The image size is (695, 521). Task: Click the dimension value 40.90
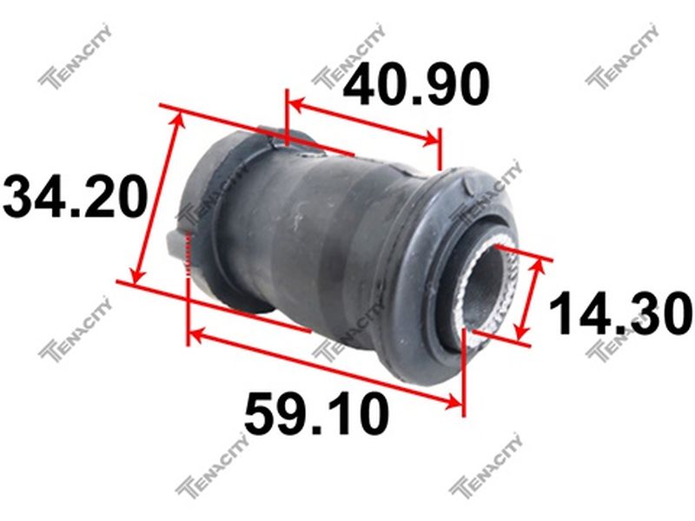416,85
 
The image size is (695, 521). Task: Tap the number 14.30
620,313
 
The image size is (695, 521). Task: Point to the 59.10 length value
316,414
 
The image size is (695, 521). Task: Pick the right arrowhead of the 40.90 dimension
432,140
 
